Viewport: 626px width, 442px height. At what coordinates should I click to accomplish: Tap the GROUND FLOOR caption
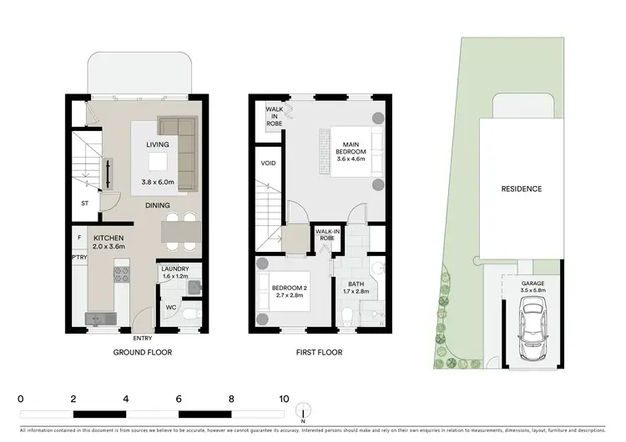[x=143, y=353]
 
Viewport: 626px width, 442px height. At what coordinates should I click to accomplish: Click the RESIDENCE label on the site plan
[x=521, y=189]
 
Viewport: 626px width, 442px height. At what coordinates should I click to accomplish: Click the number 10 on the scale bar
[x=285, y=399]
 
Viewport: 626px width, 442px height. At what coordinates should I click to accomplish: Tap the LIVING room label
[x=158, y=145]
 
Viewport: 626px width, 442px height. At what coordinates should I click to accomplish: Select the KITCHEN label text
[x=109, y=239]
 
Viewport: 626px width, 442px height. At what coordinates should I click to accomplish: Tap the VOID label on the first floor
[x=269, y=163]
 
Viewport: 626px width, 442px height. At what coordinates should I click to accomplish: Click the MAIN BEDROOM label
[x=350, y=147]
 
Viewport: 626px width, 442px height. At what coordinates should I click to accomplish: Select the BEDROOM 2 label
[x=290, y=289]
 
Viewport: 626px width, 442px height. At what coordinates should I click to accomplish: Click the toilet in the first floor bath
[x=348, y=315]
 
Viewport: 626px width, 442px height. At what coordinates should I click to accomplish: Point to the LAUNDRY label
[x=175, y=269]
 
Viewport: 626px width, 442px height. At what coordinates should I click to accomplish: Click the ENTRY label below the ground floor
[x=143, y=339]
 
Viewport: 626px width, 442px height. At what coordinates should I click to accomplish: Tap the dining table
[x=179, y=232]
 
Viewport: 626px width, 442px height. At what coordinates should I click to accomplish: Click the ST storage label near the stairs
[x=85, y=202]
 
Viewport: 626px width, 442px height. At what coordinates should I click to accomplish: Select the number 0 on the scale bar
[x=20, y=399]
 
